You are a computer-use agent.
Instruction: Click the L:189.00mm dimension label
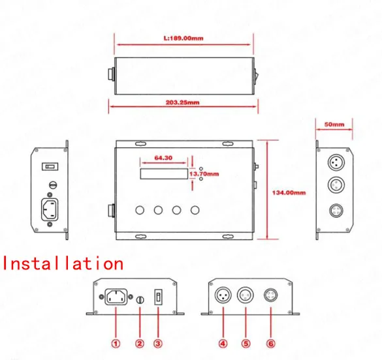[x=183, y=38]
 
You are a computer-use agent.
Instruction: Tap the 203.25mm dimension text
[x=183, y=102]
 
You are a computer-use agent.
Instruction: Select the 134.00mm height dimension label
[x=289, y=192]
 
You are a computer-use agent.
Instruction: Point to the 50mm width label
[x=334, y=123]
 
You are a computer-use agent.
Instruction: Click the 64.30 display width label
[x=163, y=158]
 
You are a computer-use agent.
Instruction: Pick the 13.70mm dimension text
[x=204, y=175]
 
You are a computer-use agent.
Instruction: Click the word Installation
[x=63, y=263]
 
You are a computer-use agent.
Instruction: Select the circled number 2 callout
[x=138, y=344]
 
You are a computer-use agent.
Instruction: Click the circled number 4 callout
[x=223, y=344]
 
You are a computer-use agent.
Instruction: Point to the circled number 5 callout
[x=247, y=344]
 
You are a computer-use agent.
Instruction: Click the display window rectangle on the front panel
[x=163, y=175]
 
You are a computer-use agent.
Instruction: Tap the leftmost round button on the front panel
[x=140, y=211]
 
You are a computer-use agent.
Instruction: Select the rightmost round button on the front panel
[x=195, y=211]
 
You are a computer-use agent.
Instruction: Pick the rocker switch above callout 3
[x=157, y=298]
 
